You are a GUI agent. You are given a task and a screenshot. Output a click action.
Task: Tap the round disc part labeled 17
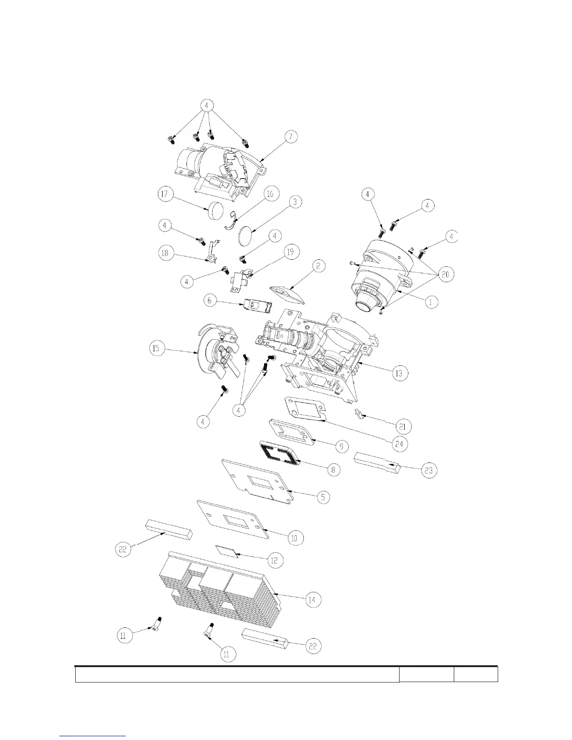click(215, 210)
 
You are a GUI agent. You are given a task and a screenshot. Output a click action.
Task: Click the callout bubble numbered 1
click(431, 302)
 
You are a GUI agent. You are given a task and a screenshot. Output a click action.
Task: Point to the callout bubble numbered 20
click(445, 274)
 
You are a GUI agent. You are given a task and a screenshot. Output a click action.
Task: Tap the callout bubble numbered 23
click(429, 470)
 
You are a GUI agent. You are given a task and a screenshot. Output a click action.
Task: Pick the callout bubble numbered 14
click(313, 599)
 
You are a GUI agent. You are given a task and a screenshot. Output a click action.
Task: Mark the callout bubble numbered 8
click(333, 469)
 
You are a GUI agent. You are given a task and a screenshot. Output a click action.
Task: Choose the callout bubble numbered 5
click(322, 497)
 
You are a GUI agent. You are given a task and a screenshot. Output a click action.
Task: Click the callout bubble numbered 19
click(290, 253)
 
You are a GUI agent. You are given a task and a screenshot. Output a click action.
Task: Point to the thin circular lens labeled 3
click(245, 235)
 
